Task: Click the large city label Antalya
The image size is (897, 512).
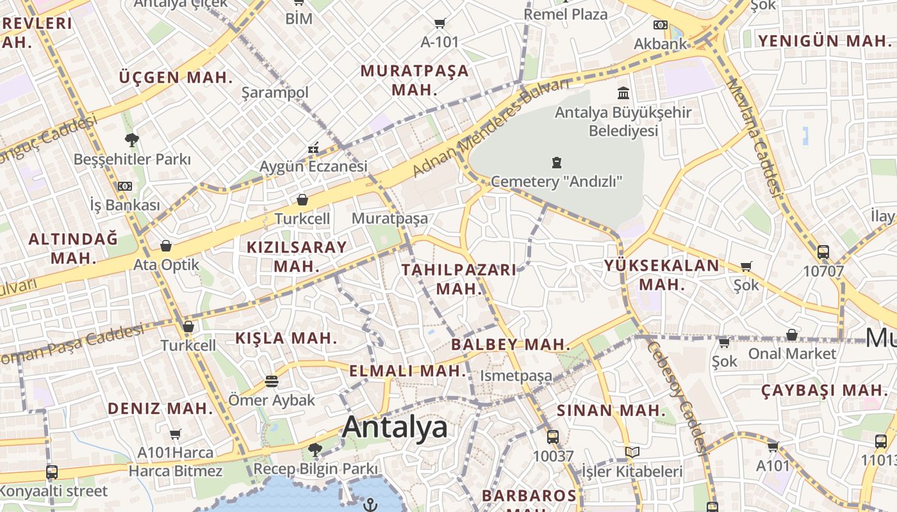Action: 395,427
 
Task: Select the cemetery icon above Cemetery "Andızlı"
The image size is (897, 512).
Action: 556,163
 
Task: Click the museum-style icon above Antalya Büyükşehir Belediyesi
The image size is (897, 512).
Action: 623,93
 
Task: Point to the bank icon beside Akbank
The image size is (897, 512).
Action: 660,25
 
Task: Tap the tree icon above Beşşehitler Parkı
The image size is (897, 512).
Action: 132,140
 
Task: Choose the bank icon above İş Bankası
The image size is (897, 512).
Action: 124,186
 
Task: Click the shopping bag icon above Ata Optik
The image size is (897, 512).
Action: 166,246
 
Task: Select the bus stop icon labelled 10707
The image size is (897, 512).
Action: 823,252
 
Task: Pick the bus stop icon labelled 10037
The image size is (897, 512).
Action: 552,437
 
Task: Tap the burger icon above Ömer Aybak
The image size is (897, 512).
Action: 272,381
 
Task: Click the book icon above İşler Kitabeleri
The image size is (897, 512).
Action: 632,452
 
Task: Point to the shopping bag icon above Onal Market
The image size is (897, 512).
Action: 792,335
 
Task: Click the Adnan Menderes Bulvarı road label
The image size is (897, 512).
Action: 491,128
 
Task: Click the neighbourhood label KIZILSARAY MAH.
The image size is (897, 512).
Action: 297,256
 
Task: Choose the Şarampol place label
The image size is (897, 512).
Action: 275,93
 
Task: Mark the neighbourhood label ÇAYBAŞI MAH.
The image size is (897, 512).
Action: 824,390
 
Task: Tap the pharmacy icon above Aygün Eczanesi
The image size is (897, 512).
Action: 313,148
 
